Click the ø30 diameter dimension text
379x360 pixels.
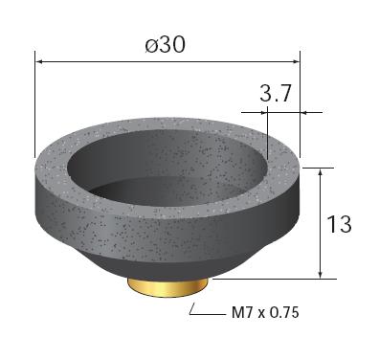click(x=165, y=45)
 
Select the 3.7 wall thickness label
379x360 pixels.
click(x=276, y=94)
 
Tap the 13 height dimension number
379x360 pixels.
click(x=339, y=224)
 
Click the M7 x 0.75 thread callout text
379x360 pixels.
click(x=265, y=312)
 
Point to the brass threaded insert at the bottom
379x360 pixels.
click(x=167, y=287)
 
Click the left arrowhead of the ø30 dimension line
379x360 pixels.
click(x=39, y=61)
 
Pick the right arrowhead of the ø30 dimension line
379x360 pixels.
click(x=296, y=61)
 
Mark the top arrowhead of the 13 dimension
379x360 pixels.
click(x=321, y=172)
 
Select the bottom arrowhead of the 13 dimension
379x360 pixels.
click(x=321, y=274)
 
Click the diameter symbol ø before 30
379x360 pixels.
click(x=151, y=45)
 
